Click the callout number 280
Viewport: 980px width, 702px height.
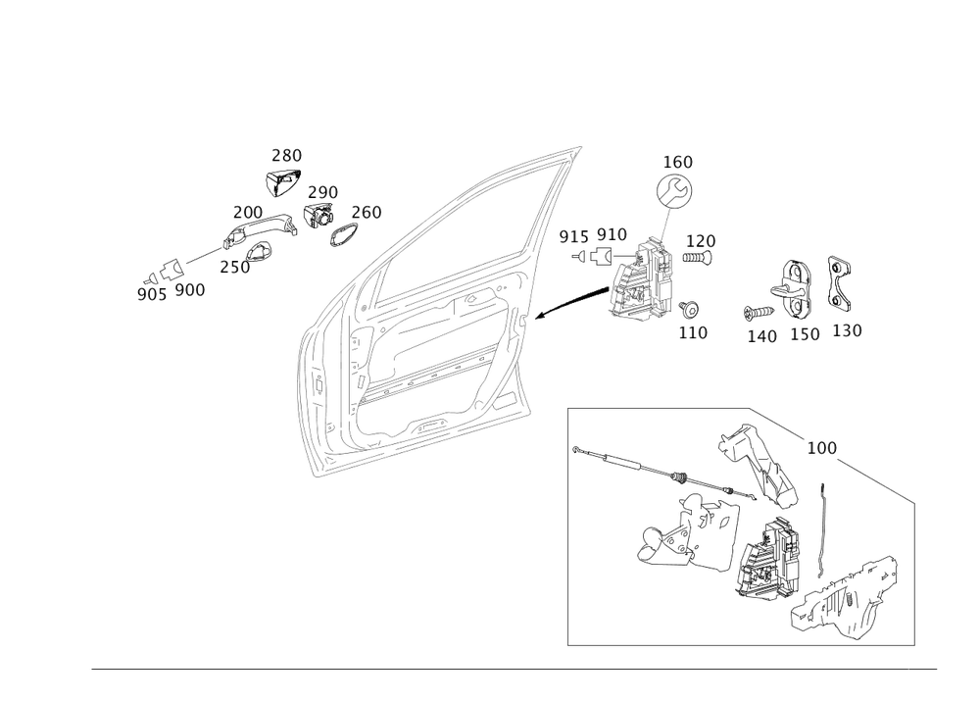tap(286, 155)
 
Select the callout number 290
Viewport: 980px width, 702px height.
tap(322, 191)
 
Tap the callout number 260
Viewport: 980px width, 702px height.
tap(367, 213)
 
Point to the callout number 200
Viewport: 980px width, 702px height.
tap(247, 212)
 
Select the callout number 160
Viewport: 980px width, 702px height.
tap(677, 160)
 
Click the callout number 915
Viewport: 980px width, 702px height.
tap(573, 235)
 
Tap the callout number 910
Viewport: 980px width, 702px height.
tap(612, 234)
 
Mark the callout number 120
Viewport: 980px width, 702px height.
tap(701, 240)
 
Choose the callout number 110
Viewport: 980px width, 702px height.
tap(694, 332)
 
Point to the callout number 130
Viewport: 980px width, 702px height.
tap(847, 331)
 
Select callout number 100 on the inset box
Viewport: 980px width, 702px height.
tap(820, 447)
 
